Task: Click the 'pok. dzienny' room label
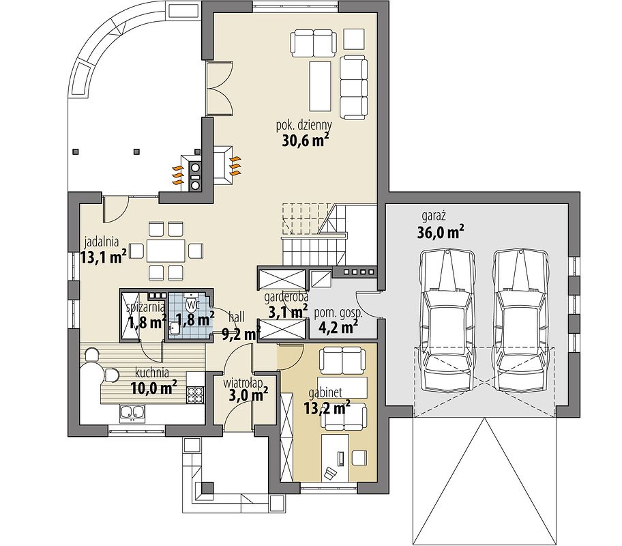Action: (x=304, y=126)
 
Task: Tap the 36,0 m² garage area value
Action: (x=441, y=232)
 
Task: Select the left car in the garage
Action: (x=448, y=321)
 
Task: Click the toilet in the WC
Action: (x=192, y=304)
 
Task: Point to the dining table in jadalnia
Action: (x=166, y=250)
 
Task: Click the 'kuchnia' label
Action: (x=152, y=373)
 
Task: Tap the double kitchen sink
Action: (x=132, y=413)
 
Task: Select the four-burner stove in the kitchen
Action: (x=195, y=394)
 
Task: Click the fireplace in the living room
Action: (x=222, y=165)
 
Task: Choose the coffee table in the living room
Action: (x=320, y=86)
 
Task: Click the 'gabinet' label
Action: (x=325, y=392)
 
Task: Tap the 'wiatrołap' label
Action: (x=243, y=384)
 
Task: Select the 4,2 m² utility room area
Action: (x=338, y=327)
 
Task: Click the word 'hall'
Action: (x=237, y=317)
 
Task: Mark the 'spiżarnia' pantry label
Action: (x=145, y=307)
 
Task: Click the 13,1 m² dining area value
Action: (x=104, y=257)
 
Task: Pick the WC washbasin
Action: (x=175, y=328)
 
